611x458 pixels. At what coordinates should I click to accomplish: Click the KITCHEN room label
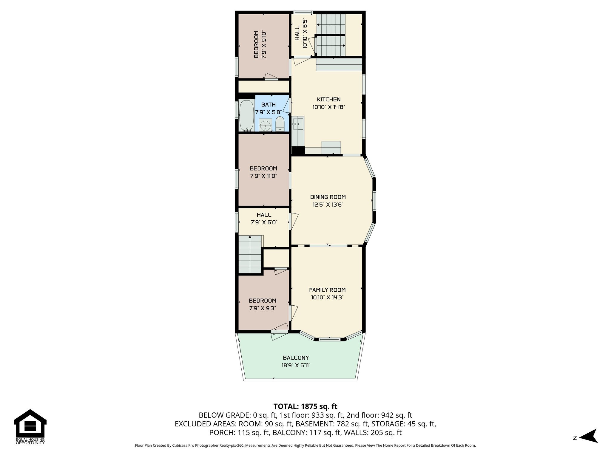click(328, 100)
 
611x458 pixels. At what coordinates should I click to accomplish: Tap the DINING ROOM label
click(328, 197)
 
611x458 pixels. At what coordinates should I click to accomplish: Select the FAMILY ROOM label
click(327, 290)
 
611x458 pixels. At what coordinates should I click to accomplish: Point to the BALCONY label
click(296, 358)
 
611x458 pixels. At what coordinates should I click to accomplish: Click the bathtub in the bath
click(246, 116)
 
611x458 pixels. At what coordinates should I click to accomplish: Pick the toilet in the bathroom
click(280, 124)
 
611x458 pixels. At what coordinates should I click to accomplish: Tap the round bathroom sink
click(265, 126)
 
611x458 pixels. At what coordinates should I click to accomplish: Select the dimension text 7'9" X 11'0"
click(263, 176)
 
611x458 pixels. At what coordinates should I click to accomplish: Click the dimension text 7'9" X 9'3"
click(263, 308)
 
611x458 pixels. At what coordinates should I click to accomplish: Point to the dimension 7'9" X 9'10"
click(264, 44)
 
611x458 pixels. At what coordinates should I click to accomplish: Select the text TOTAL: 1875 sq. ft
click(305, 406)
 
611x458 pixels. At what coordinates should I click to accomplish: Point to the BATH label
click(268, 105)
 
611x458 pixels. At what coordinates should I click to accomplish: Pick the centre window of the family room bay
click(329, 339)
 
